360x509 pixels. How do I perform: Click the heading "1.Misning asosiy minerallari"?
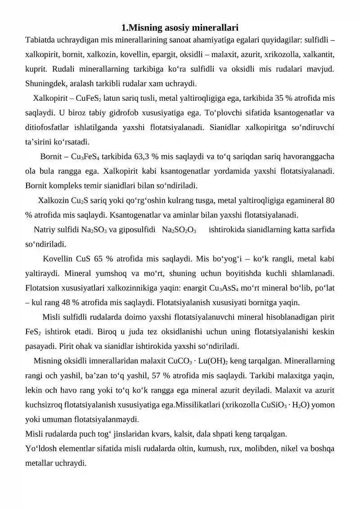tap(180, 28)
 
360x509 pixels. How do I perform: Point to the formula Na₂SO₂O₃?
tap(179, 230)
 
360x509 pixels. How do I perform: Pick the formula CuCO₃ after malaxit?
tap(180, 361)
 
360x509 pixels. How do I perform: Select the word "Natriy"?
tap(44, 230)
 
